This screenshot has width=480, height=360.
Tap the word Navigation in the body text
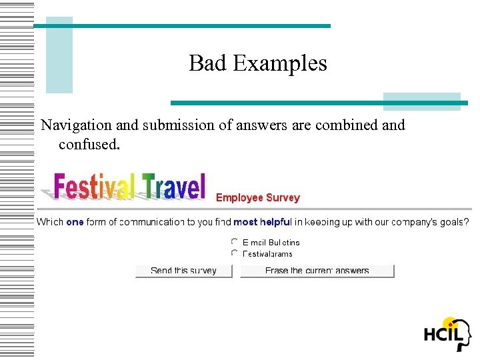[x=77, y=125]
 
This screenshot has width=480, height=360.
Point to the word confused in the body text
[x=89, y=143]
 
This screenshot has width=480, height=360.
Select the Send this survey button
[x=184, y=271]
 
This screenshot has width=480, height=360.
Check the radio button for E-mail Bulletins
[x=234, y=243]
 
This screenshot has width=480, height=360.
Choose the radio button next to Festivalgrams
[x=234, y=253]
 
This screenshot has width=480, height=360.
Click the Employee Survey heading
[x=258, y=198]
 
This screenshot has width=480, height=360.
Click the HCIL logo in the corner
[x=447, y=333]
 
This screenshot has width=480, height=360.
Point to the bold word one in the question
[x=75, y=222]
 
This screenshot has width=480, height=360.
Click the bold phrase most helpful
[x=263, y=222]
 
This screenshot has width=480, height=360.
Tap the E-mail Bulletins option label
[x=271, y=243]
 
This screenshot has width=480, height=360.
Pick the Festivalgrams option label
[x=267, y=254]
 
